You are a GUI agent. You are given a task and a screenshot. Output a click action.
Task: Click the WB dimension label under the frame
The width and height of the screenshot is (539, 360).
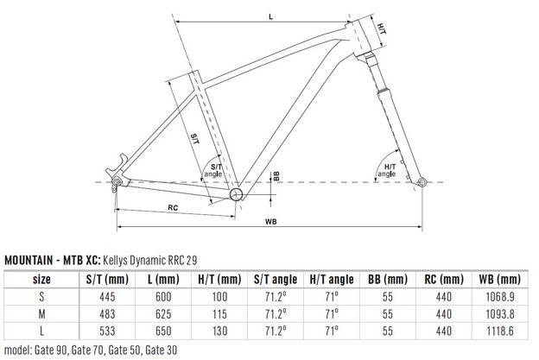tap(271, 222)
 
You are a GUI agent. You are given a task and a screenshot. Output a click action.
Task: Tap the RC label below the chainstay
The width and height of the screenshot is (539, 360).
tap(173, 208)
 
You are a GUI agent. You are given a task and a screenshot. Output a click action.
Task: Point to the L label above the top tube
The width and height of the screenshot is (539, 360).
tap(271, 16)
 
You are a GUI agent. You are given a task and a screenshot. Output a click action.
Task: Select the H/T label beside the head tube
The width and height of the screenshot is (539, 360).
tap(382, 28)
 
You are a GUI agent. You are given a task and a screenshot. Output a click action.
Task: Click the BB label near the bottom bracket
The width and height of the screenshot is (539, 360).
tap(276, 176)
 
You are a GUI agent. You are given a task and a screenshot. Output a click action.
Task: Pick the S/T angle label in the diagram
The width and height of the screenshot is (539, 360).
tap(213, 170)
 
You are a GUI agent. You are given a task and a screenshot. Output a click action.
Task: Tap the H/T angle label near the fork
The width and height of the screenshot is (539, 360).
tap(387, 170)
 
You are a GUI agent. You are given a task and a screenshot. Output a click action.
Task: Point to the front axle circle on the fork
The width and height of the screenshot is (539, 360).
tap(422, 182)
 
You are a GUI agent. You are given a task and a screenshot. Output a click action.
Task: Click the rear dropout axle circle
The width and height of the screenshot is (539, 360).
tap(117, 181)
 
